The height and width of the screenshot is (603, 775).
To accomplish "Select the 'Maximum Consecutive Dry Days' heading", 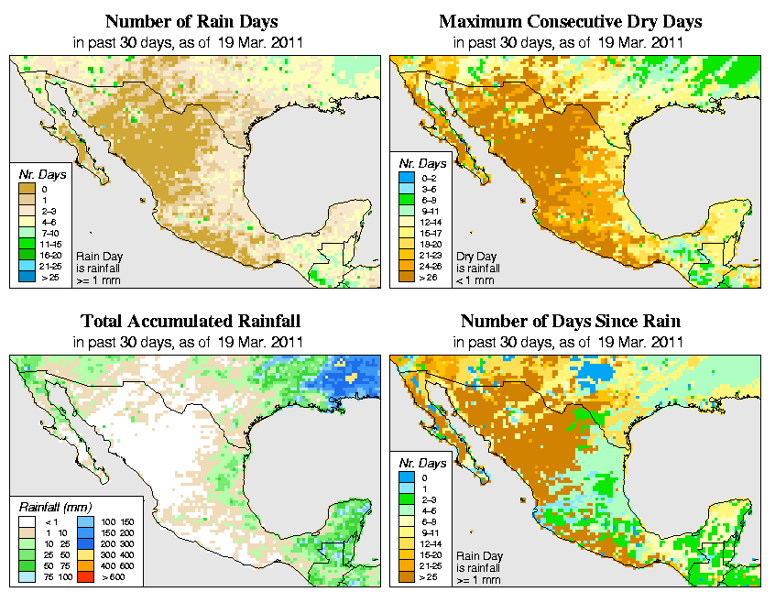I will [571, 21].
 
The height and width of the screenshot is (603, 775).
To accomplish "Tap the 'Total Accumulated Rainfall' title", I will [191, 322].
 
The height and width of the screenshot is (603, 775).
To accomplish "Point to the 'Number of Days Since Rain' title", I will [570, 322].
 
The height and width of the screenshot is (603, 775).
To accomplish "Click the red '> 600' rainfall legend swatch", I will [84, 576].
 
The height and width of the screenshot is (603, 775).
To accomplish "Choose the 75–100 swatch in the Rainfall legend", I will [29, 576].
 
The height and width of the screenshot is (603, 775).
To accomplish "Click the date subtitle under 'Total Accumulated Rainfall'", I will [191, 342].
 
